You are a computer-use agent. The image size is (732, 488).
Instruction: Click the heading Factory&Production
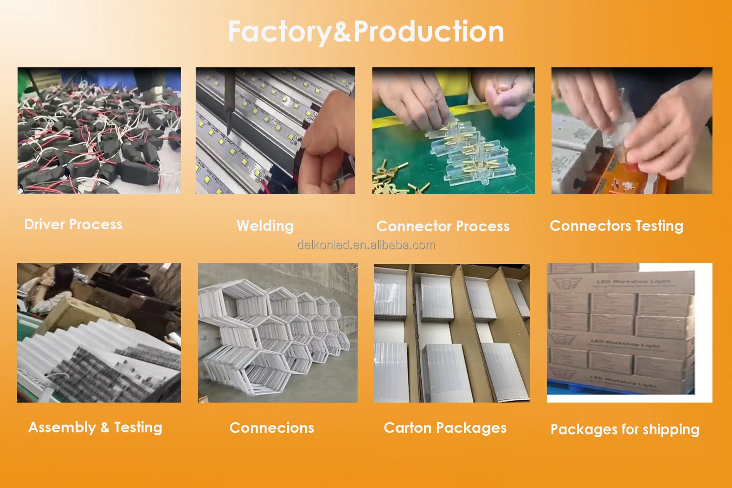click(x=366, y=32)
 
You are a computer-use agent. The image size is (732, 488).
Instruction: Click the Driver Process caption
click(x=74, y=224)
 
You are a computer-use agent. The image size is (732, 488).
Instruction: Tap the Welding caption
click(x=265, y=226)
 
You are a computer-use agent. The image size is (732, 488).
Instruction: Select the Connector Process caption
click(x=443, y=226)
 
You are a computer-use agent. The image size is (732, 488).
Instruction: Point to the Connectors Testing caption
click(x=616, y=226)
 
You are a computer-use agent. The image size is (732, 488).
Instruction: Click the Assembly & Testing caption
click(x=95, y=427)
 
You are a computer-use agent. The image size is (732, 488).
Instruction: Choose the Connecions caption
click(x=271, y=428)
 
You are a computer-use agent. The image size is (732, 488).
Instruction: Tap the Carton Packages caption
click(x=445, y=428)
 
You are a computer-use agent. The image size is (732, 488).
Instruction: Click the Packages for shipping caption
click(x=625, y=429)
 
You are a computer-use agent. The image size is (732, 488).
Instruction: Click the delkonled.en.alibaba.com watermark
click(x=366, y=245)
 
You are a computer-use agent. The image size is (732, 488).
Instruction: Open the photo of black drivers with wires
click(x=99, y=131)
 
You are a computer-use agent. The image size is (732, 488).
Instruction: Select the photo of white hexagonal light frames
click(x=278, y=333)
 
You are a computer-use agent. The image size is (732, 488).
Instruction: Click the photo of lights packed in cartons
click(x=452, y=333)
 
